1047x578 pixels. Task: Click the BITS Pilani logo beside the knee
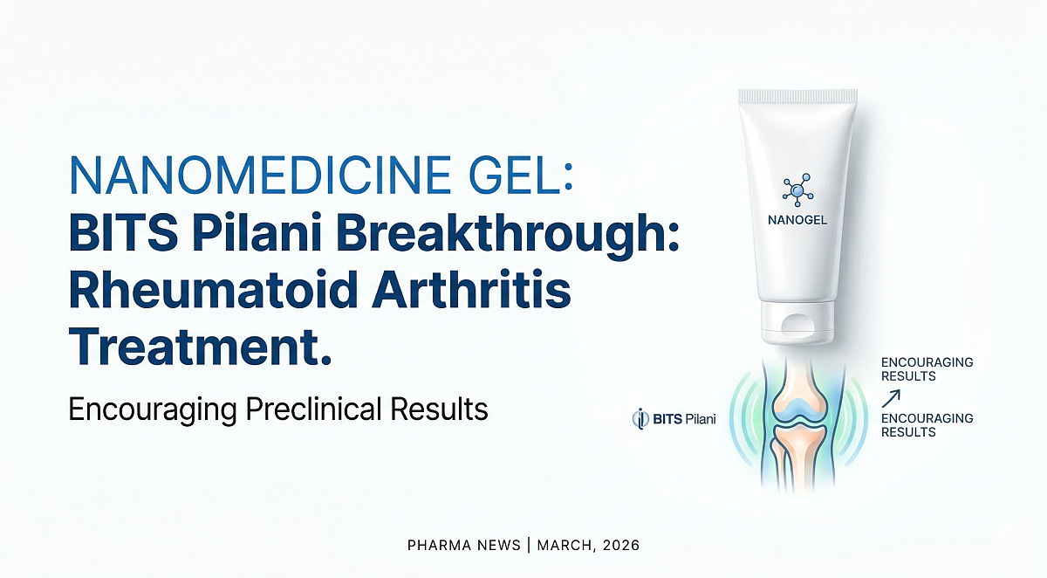tap(673, 419)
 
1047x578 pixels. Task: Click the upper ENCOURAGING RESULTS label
tap(927, 369)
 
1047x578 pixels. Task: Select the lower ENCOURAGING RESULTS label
tap(927, 425)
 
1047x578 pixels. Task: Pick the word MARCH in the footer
tap(564, 546)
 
